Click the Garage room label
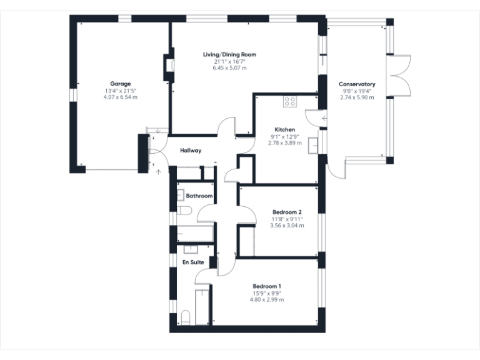coord(121,84)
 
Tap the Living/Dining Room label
coord(229,55)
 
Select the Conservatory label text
coord(356,84)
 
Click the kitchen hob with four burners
coord(291,100)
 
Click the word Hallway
coord(191,151)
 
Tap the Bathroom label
coord(199,196)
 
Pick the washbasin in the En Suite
coord(189,249)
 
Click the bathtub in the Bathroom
coord(194,234)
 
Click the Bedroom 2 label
coord(287,212)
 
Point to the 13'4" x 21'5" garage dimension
coord(121,91)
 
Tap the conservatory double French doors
coord(401,76)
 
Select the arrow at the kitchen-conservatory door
coord(324,118)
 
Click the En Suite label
coord(193,262)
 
